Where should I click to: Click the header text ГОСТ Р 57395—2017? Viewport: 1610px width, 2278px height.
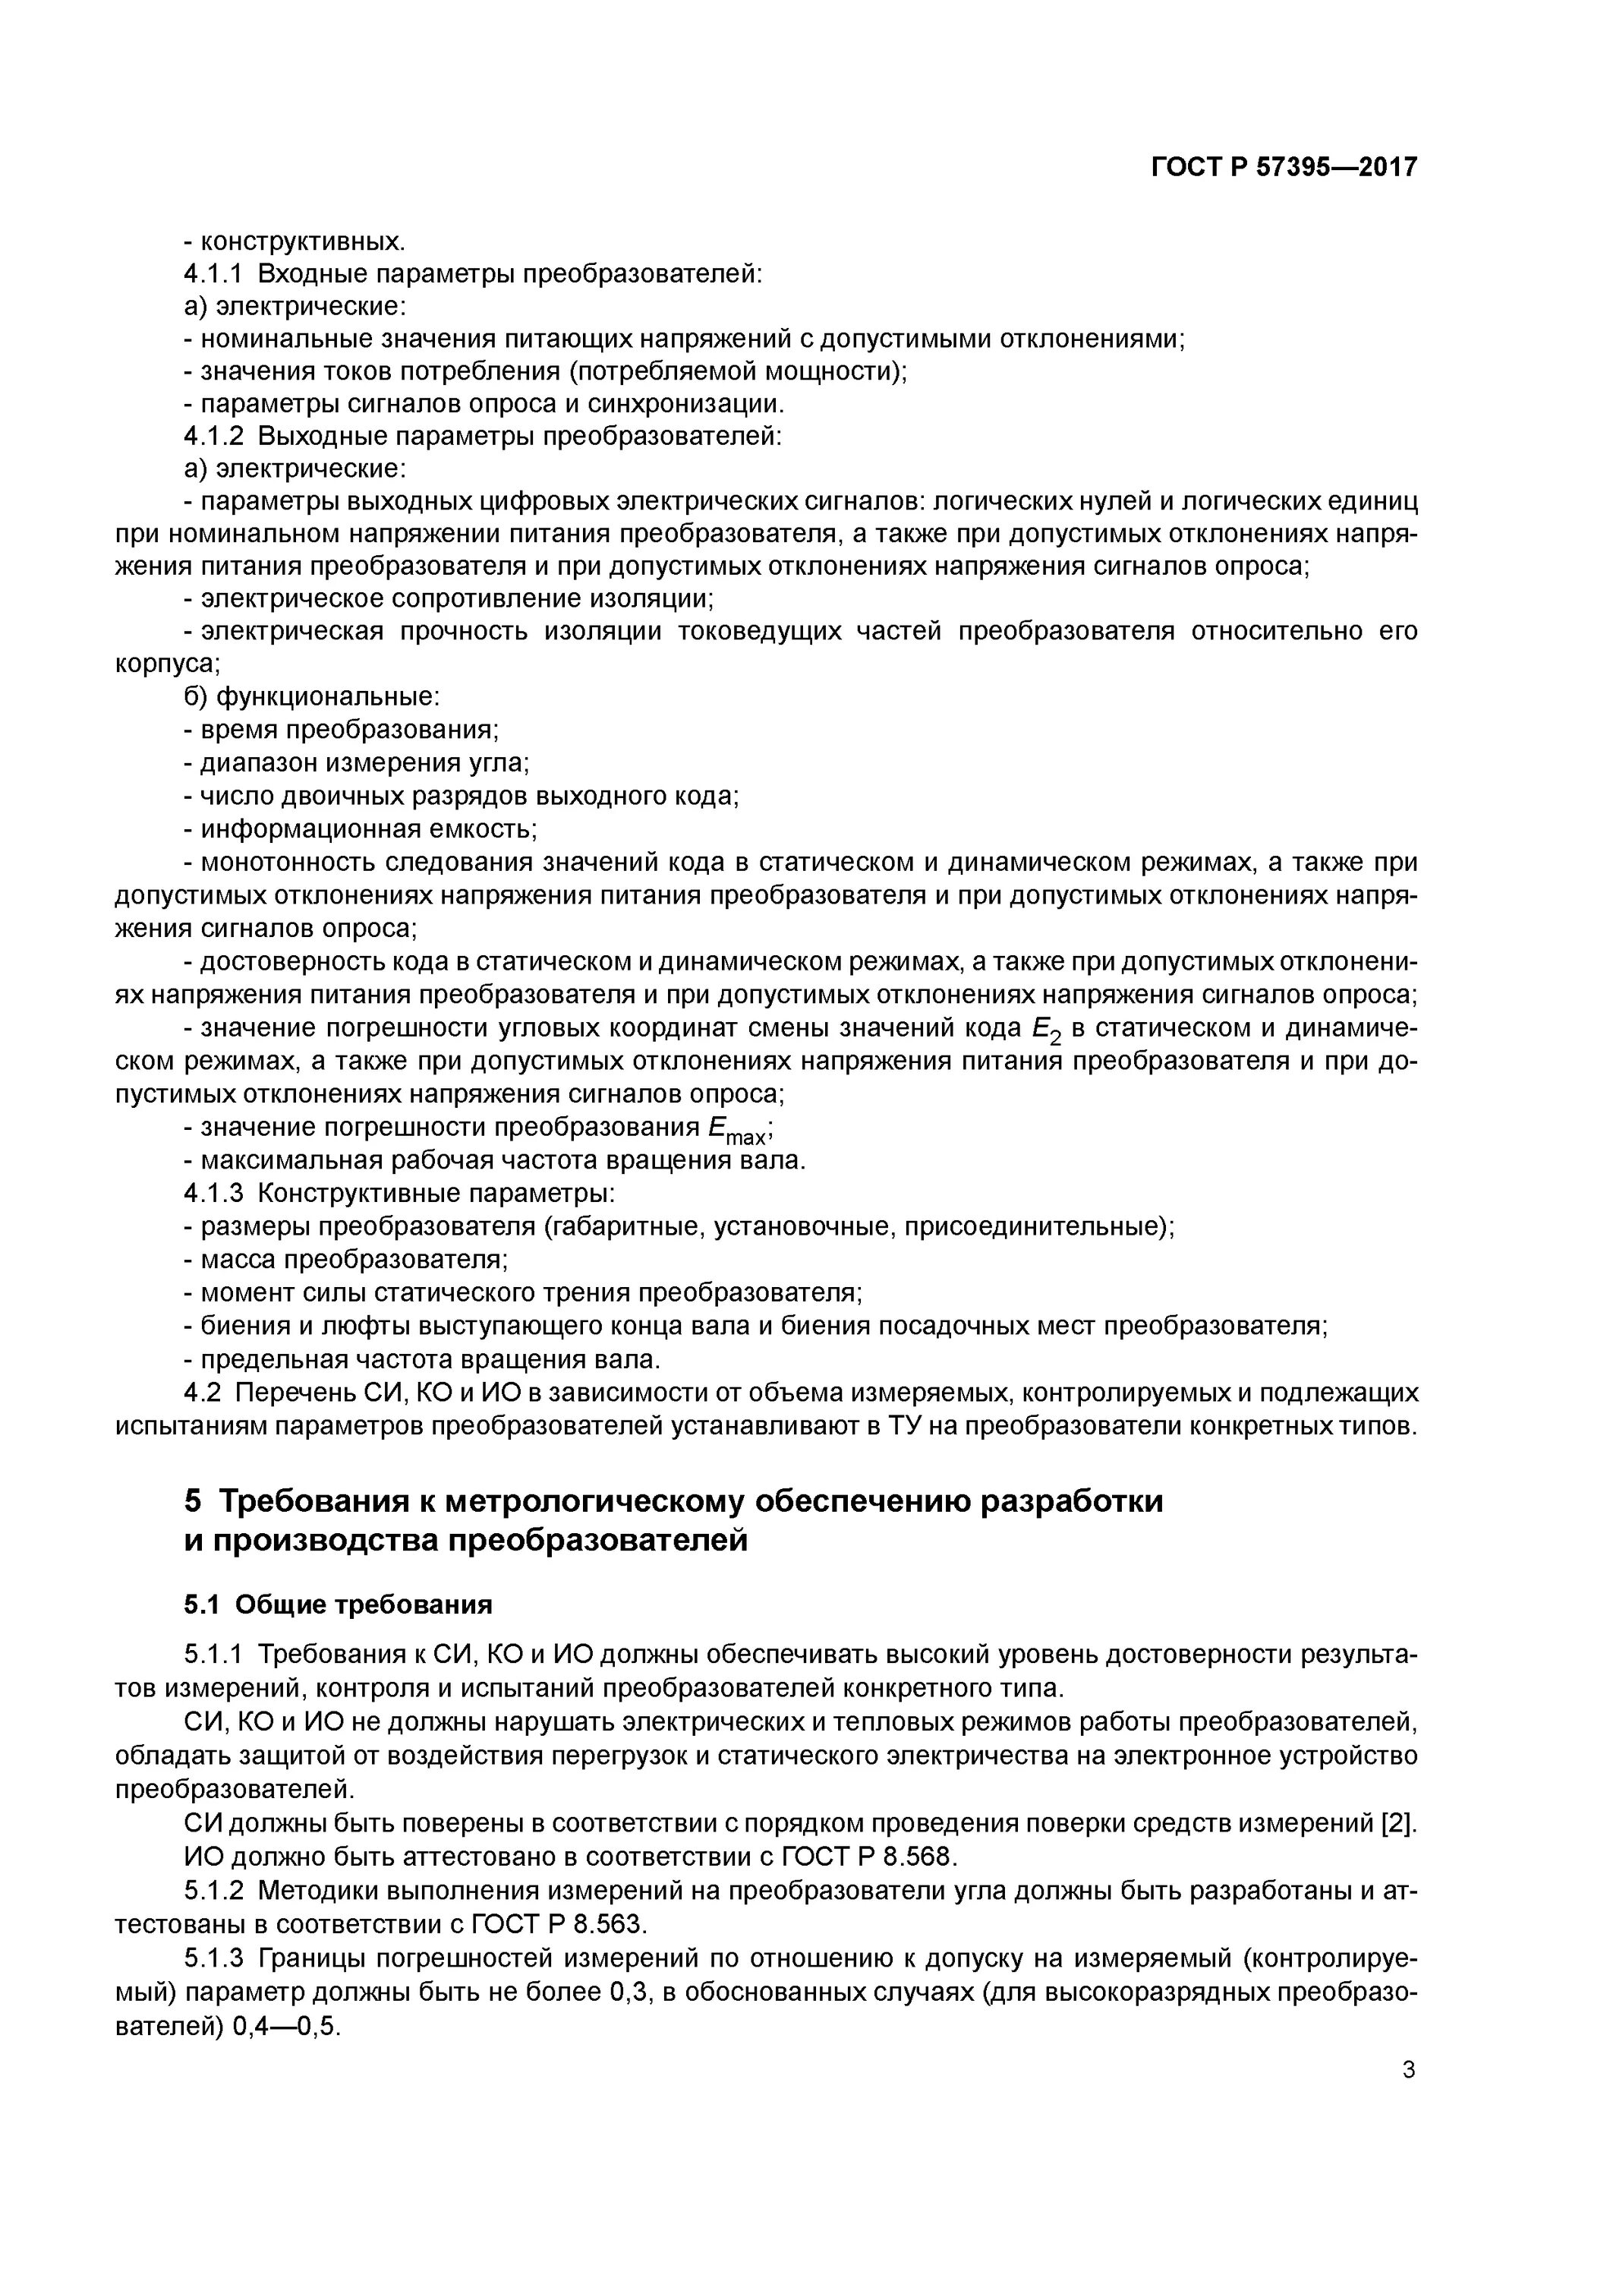click(x=1284, y=167)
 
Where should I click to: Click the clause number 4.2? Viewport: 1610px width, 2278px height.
click(x=200, y=1392)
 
